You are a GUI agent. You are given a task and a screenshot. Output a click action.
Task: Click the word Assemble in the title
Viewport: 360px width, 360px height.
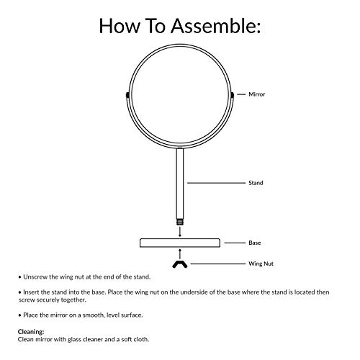coord(215,26)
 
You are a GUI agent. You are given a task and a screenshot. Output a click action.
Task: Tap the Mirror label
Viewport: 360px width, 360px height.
coord(257,94)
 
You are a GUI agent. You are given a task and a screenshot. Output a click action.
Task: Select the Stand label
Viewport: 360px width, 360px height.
coord(256,183)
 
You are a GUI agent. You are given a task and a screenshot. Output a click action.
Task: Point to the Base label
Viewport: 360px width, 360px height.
coord(255,243)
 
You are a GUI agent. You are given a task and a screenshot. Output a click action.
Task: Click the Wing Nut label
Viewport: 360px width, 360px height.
coord(261,264)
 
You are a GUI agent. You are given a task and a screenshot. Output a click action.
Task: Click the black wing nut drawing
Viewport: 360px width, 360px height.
coord(180,264)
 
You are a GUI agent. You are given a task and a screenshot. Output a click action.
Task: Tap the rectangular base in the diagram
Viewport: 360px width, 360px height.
coord(180,243)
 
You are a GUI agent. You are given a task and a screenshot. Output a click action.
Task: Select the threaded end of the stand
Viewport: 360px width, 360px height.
coord(180,222)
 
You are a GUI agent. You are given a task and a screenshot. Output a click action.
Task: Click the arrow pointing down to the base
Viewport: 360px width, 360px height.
coord(180,231)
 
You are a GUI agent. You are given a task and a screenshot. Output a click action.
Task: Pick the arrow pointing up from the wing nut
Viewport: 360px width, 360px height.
coord(180,254)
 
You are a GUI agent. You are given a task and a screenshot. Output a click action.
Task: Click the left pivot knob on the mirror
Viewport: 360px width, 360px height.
coord(127,95)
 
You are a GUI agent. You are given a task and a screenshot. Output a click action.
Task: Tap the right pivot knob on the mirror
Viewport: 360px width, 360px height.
coord(232,95)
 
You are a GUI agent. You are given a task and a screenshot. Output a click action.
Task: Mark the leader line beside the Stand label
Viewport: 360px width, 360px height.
coord(216,183)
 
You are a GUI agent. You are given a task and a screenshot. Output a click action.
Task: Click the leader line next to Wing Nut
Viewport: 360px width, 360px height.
coord(218,264)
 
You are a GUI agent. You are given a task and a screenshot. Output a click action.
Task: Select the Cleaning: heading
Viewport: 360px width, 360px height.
coord(31,332)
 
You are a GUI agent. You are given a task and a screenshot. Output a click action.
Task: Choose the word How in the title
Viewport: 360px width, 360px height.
coord(120,26)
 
